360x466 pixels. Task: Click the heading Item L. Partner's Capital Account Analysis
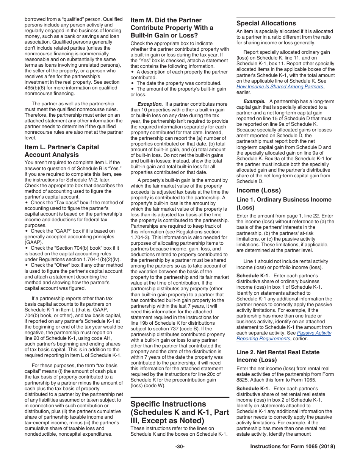click(x=61, y=151)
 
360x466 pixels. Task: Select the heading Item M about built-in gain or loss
click(x=172, y=28)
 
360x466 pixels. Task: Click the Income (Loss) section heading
click(x=258, y=190)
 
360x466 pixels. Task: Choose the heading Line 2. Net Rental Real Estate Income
click(x=278, y=356)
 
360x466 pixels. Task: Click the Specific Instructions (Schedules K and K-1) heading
click(x=180, y=412)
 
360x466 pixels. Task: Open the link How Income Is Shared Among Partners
click(x=280, y=86)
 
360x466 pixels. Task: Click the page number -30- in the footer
click(x=180, y=447)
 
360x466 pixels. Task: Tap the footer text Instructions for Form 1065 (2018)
click(x=293, y=447)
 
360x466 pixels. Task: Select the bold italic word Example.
click(x=254, y=101)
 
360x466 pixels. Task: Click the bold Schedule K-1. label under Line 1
click(x=253, y=276)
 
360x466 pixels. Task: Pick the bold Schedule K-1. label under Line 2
click(x=253, y=388)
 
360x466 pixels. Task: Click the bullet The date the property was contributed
click(x=179, y=83)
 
